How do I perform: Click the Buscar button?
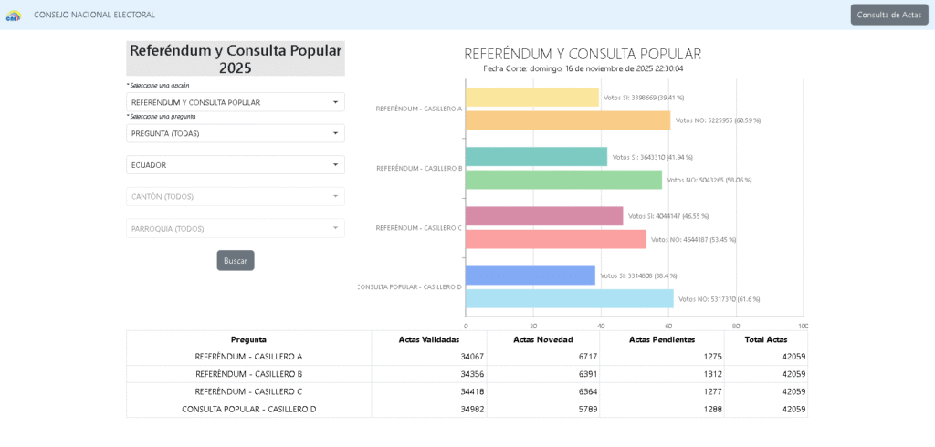click(x=236, y=260)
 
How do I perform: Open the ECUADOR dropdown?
click(x=235, y=165)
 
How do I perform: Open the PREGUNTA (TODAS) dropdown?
click(x=235, y=133)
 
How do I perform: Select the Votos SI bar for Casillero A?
click(x=531, y=98)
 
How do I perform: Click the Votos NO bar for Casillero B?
click(x=563, y=180)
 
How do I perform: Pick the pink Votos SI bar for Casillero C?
click(x=544, y=216)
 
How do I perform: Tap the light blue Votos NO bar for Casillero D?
click(x=569, y=298)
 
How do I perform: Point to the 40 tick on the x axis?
click(x=601, y=326)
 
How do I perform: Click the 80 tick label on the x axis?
click(x=736, y=326)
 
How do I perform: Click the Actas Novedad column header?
click(x=542, y=339)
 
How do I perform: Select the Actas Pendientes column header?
click(x=661, y=339)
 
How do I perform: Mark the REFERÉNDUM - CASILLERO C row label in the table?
click(x=248, y=391)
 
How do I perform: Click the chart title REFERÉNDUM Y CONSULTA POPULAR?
click(x=583, y=54)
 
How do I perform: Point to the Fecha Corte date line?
click(x=583, y=68)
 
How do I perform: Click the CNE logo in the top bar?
click(x=14, y=15)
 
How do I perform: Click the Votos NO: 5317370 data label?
click(x=719, y=299)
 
